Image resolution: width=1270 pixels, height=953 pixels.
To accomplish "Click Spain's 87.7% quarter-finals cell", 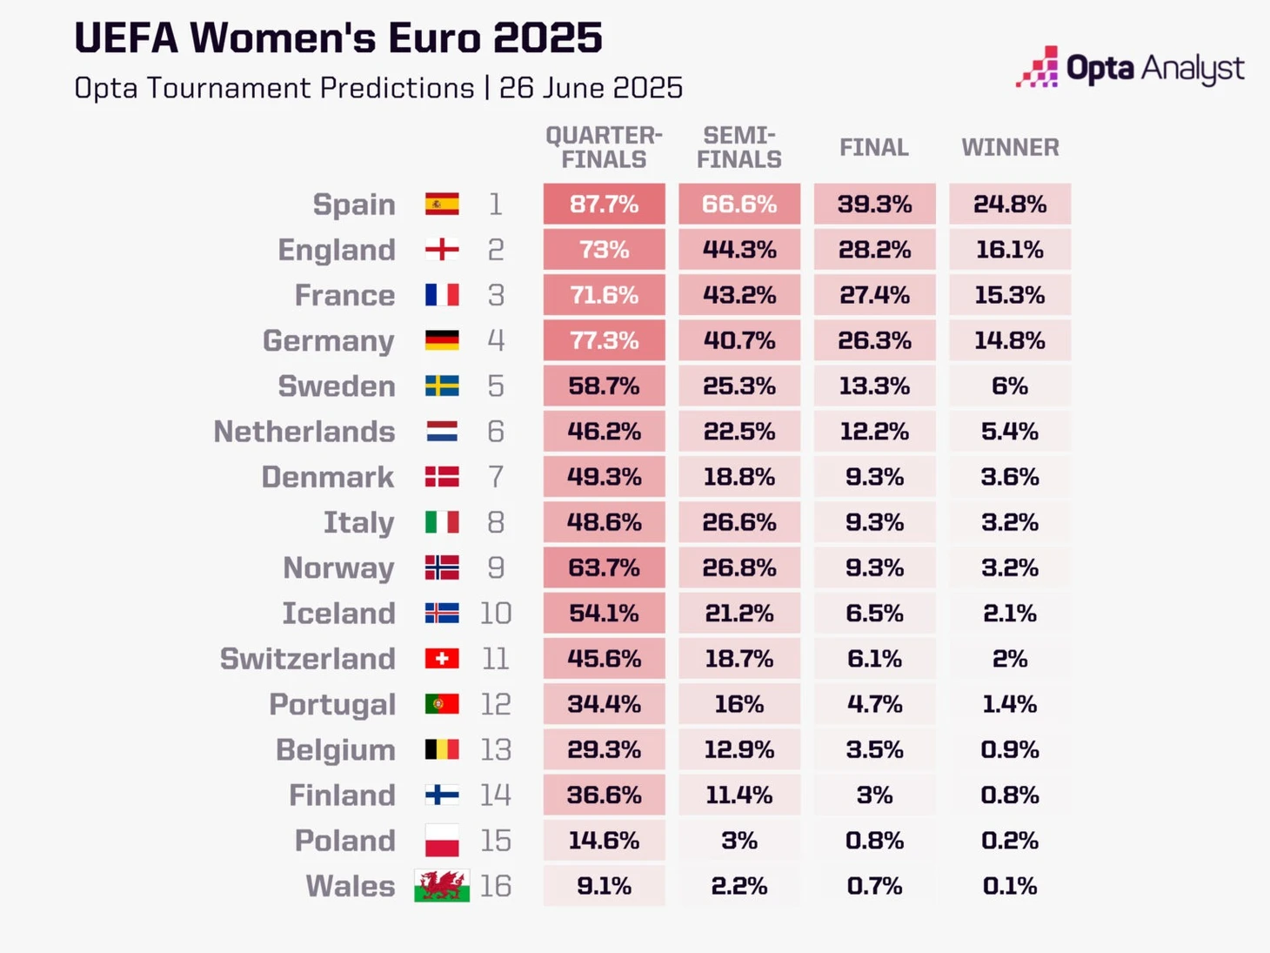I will pos(604,205).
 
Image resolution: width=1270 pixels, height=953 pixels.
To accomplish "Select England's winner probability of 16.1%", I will pos(1009,250).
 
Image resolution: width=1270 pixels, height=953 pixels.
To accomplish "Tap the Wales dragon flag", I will pos(442,886).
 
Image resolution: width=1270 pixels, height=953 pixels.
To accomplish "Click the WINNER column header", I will pos(1010,148).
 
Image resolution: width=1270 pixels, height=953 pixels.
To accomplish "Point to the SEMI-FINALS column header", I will pos(739,148).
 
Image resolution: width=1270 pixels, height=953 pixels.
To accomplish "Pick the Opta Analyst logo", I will pos(1129,68).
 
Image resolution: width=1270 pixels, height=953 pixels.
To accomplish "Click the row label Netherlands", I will pos(304,432).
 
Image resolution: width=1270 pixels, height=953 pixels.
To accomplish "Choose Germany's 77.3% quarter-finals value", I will pos(604,340).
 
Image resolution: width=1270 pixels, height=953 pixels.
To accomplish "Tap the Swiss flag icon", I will pos(442,659).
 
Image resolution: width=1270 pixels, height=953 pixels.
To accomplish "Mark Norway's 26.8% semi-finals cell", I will pos(739,567).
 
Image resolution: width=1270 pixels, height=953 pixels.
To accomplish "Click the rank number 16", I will pos(495,886).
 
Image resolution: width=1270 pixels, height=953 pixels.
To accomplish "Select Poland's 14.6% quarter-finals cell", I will pos(604,841).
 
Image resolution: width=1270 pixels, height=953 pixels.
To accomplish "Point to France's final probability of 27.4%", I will pos(874,295).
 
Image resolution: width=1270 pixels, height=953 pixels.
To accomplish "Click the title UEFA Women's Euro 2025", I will pos(338,38).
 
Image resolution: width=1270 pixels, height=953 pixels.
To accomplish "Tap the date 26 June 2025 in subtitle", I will pos(591,88).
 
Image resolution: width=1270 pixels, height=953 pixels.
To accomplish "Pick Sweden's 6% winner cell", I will pos(1009,386).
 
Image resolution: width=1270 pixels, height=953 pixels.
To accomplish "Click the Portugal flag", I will pos(442,704).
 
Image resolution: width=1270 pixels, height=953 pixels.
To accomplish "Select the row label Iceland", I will pos(338,614).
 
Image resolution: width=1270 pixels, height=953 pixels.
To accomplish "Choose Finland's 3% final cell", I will pos(874,795).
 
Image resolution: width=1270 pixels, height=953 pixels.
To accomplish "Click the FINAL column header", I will pos(874,148).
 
